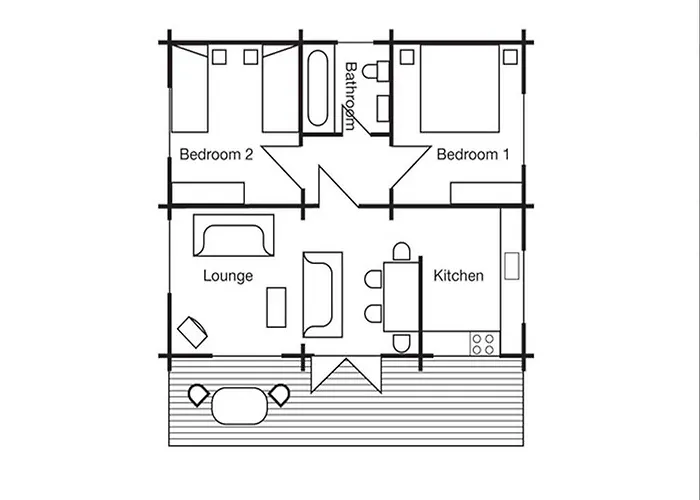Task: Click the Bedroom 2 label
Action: [215, 155]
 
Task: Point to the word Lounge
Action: [227, 275]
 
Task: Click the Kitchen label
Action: [458, 275]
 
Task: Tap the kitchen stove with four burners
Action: [483, 342]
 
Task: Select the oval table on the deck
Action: [240, 405]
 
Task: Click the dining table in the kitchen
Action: [401, 295]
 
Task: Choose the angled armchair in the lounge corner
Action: [190, 327]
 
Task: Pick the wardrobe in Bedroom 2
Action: [209, 193]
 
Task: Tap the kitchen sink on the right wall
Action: [511, 267]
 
